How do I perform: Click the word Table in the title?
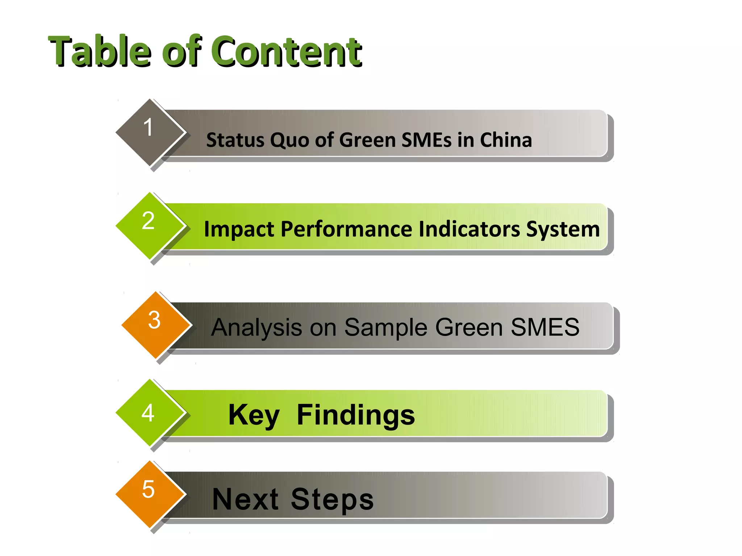click(x=100, y=51)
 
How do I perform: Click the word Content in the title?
click(x=286, y=51)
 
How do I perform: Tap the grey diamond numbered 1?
click(x=149, y=132)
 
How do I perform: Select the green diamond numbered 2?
click(x=149, y=226)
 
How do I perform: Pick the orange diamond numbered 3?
click(x=155, y=325)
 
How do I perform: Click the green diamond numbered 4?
click(x=149, y=412)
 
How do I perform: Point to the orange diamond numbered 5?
click(x=149, y=494)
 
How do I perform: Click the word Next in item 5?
click(x=245, y=500)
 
